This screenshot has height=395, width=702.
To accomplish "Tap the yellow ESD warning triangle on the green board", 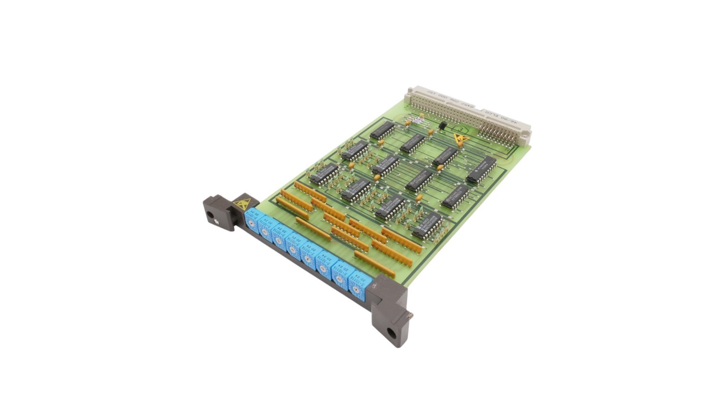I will click(x=460, y=140).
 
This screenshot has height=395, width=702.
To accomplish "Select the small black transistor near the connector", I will click(x=443, y=126).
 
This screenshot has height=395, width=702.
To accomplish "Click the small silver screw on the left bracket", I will click(x=217, y=223).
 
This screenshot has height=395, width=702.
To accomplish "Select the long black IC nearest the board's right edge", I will click(x=481, y=169).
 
